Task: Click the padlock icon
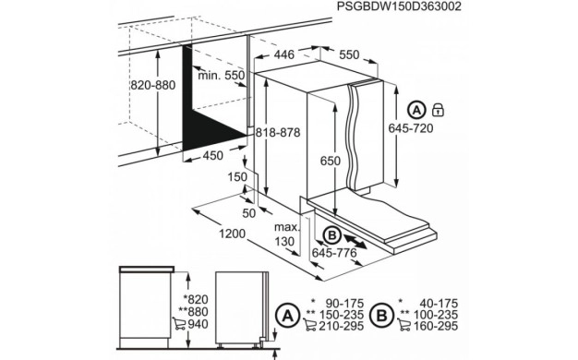[439, 111]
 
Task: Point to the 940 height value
[196, 326]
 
